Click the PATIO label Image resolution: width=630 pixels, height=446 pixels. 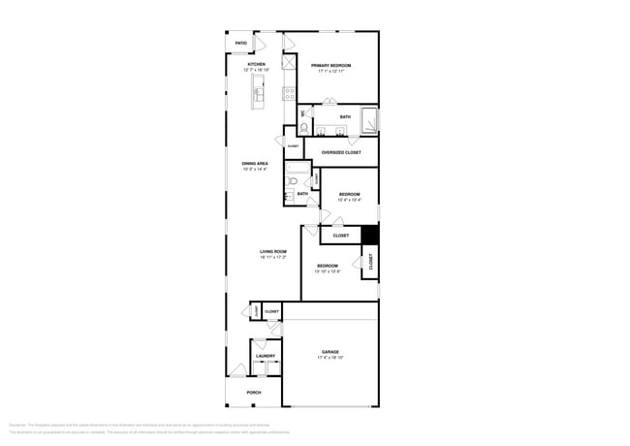[240, 44]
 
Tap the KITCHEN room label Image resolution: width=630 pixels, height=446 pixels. [256, 65]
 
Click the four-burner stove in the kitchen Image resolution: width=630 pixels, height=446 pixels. [289, 93]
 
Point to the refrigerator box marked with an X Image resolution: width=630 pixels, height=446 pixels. [289, 61]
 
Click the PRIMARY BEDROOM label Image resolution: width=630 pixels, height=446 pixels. [331, 65]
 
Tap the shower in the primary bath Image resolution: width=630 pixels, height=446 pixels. [368, 120]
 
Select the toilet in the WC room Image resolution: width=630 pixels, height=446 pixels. [304, 127]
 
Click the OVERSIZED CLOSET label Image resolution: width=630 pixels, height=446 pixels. [341, 152]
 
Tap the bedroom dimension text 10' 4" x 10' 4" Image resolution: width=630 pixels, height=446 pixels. [349, 201]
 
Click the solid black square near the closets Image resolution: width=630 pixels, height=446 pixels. [369, 235]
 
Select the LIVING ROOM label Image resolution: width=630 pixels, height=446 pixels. [273, 251]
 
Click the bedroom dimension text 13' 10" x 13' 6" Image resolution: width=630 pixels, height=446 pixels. [328, 271]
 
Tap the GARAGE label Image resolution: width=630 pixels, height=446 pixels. [330, 352]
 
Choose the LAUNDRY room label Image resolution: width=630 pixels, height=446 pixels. [266, 356]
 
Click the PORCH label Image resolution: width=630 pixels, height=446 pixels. [254, 392]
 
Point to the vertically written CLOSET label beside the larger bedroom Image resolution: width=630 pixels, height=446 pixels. [369, 262]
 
